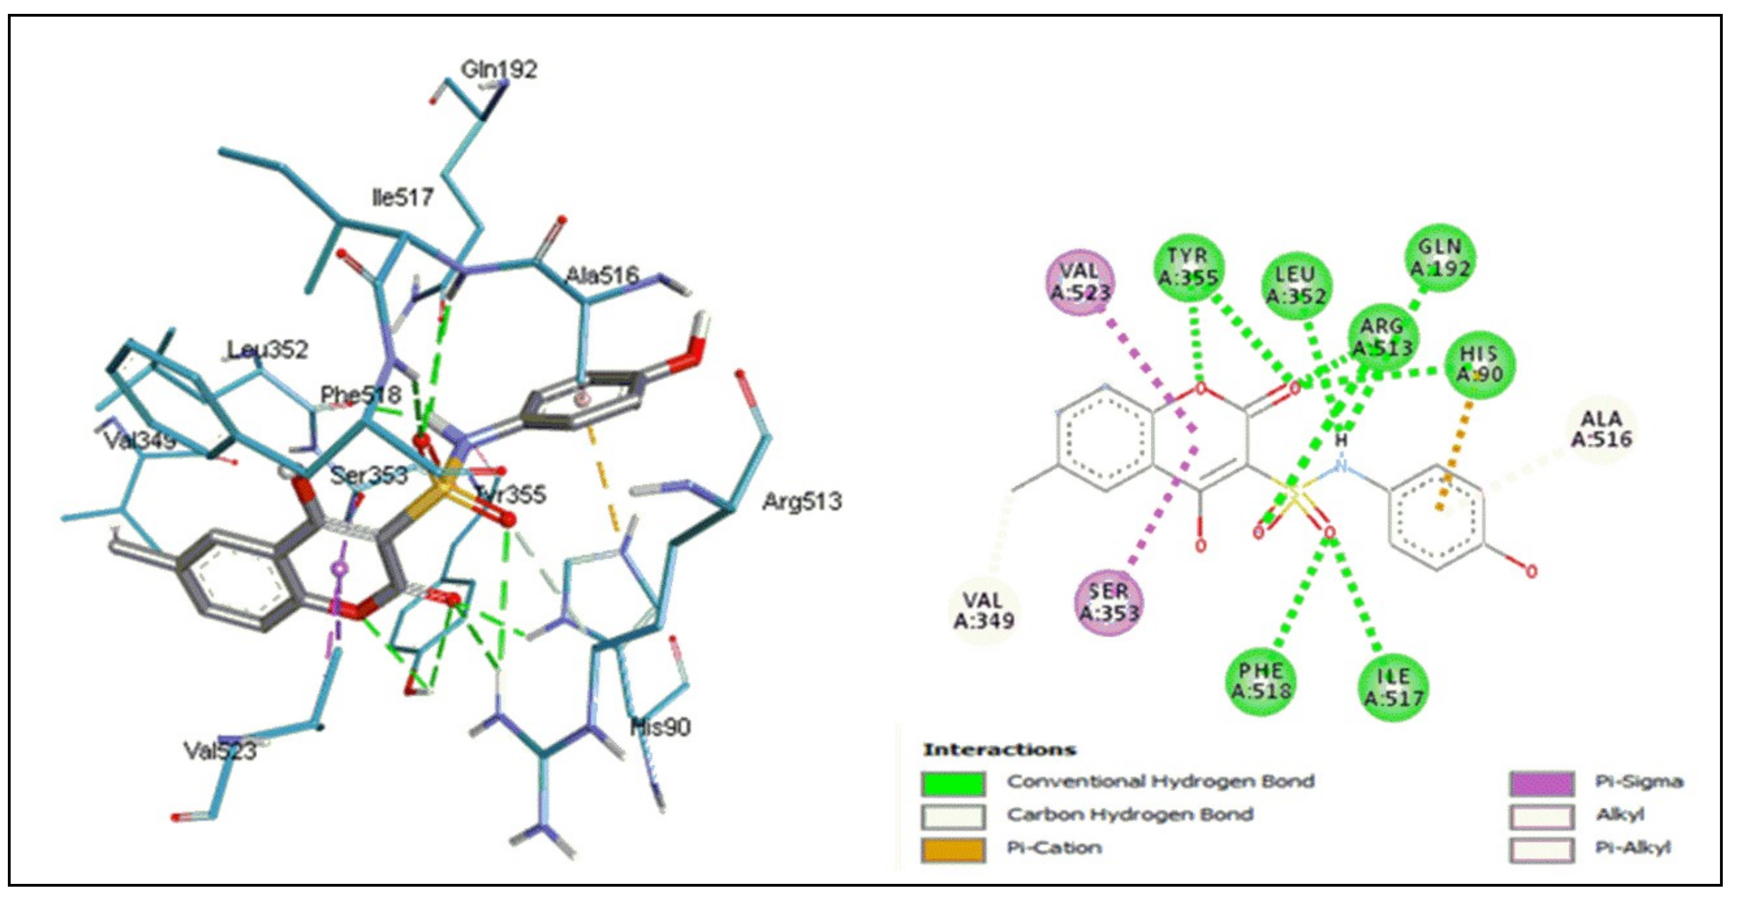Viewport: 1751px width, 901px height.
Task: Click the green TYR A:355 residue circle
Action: pos(1189,266)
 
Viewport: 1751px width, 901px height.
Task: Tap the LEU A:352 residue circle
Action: pos(1296,285)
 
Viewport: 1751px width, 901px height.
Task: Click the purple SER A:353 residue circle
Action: pos(1109,603)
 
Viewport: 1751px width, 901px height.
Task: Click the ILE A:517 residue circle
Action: pos(1393,687)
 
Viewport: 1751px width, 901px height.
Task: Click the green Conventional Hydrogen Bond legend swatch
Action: pos(953,783)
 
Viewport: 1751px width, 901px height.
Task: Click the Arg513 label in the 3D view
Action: pos(802,501)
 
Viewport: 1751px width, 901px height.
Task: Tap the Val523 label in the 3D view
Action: pos(220,751)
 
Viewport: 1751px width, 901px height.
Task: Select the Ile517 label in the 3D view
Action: pos(403,198)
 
